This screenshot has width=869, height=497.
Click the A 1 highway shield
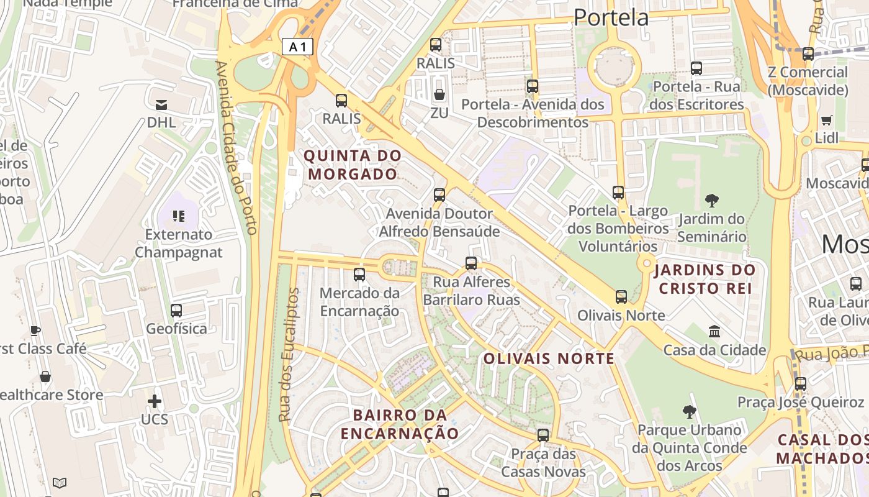point(297,47)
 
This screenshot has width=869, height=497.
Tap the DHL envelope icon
point(161,104)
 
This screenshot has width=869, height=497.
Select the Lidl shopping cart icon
point(826,120)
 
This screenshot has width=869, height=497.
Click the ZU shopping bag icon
point(439,94)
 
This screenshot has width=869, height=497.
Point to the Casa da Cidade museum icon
point(714,332)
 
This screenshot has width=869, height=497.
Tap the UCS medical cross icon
point(155,401)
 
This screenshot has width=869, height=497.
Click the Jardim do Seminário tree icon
point(712,200)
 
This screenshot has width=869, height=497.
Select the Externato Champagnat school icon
point(179,216)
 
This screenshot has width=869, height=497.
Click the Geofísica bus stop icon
point(176,310)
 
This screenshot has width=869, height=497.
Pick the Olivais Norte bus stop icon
point(621,297)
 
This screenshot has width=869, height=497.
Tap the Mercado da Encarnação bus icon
point(359,274)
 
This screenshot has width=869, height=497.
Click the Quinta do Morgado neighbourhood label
point(353,165)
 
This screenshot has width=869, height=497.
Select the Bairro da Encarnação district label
point(400,424)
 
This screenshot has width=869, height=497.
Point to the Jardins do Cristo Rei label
point(705,279)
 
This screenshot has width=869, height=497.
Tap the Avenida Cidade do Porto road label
point(235,147)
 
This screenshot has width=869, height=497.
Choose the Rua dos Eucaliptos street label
point(289,354)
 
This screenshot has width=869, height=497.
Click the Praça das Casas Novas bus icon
point(543,435)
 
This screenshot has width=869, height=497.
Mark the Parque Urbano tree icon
point(689,411)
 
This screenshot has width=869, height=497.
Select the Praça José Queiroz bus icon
point(801,383)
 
